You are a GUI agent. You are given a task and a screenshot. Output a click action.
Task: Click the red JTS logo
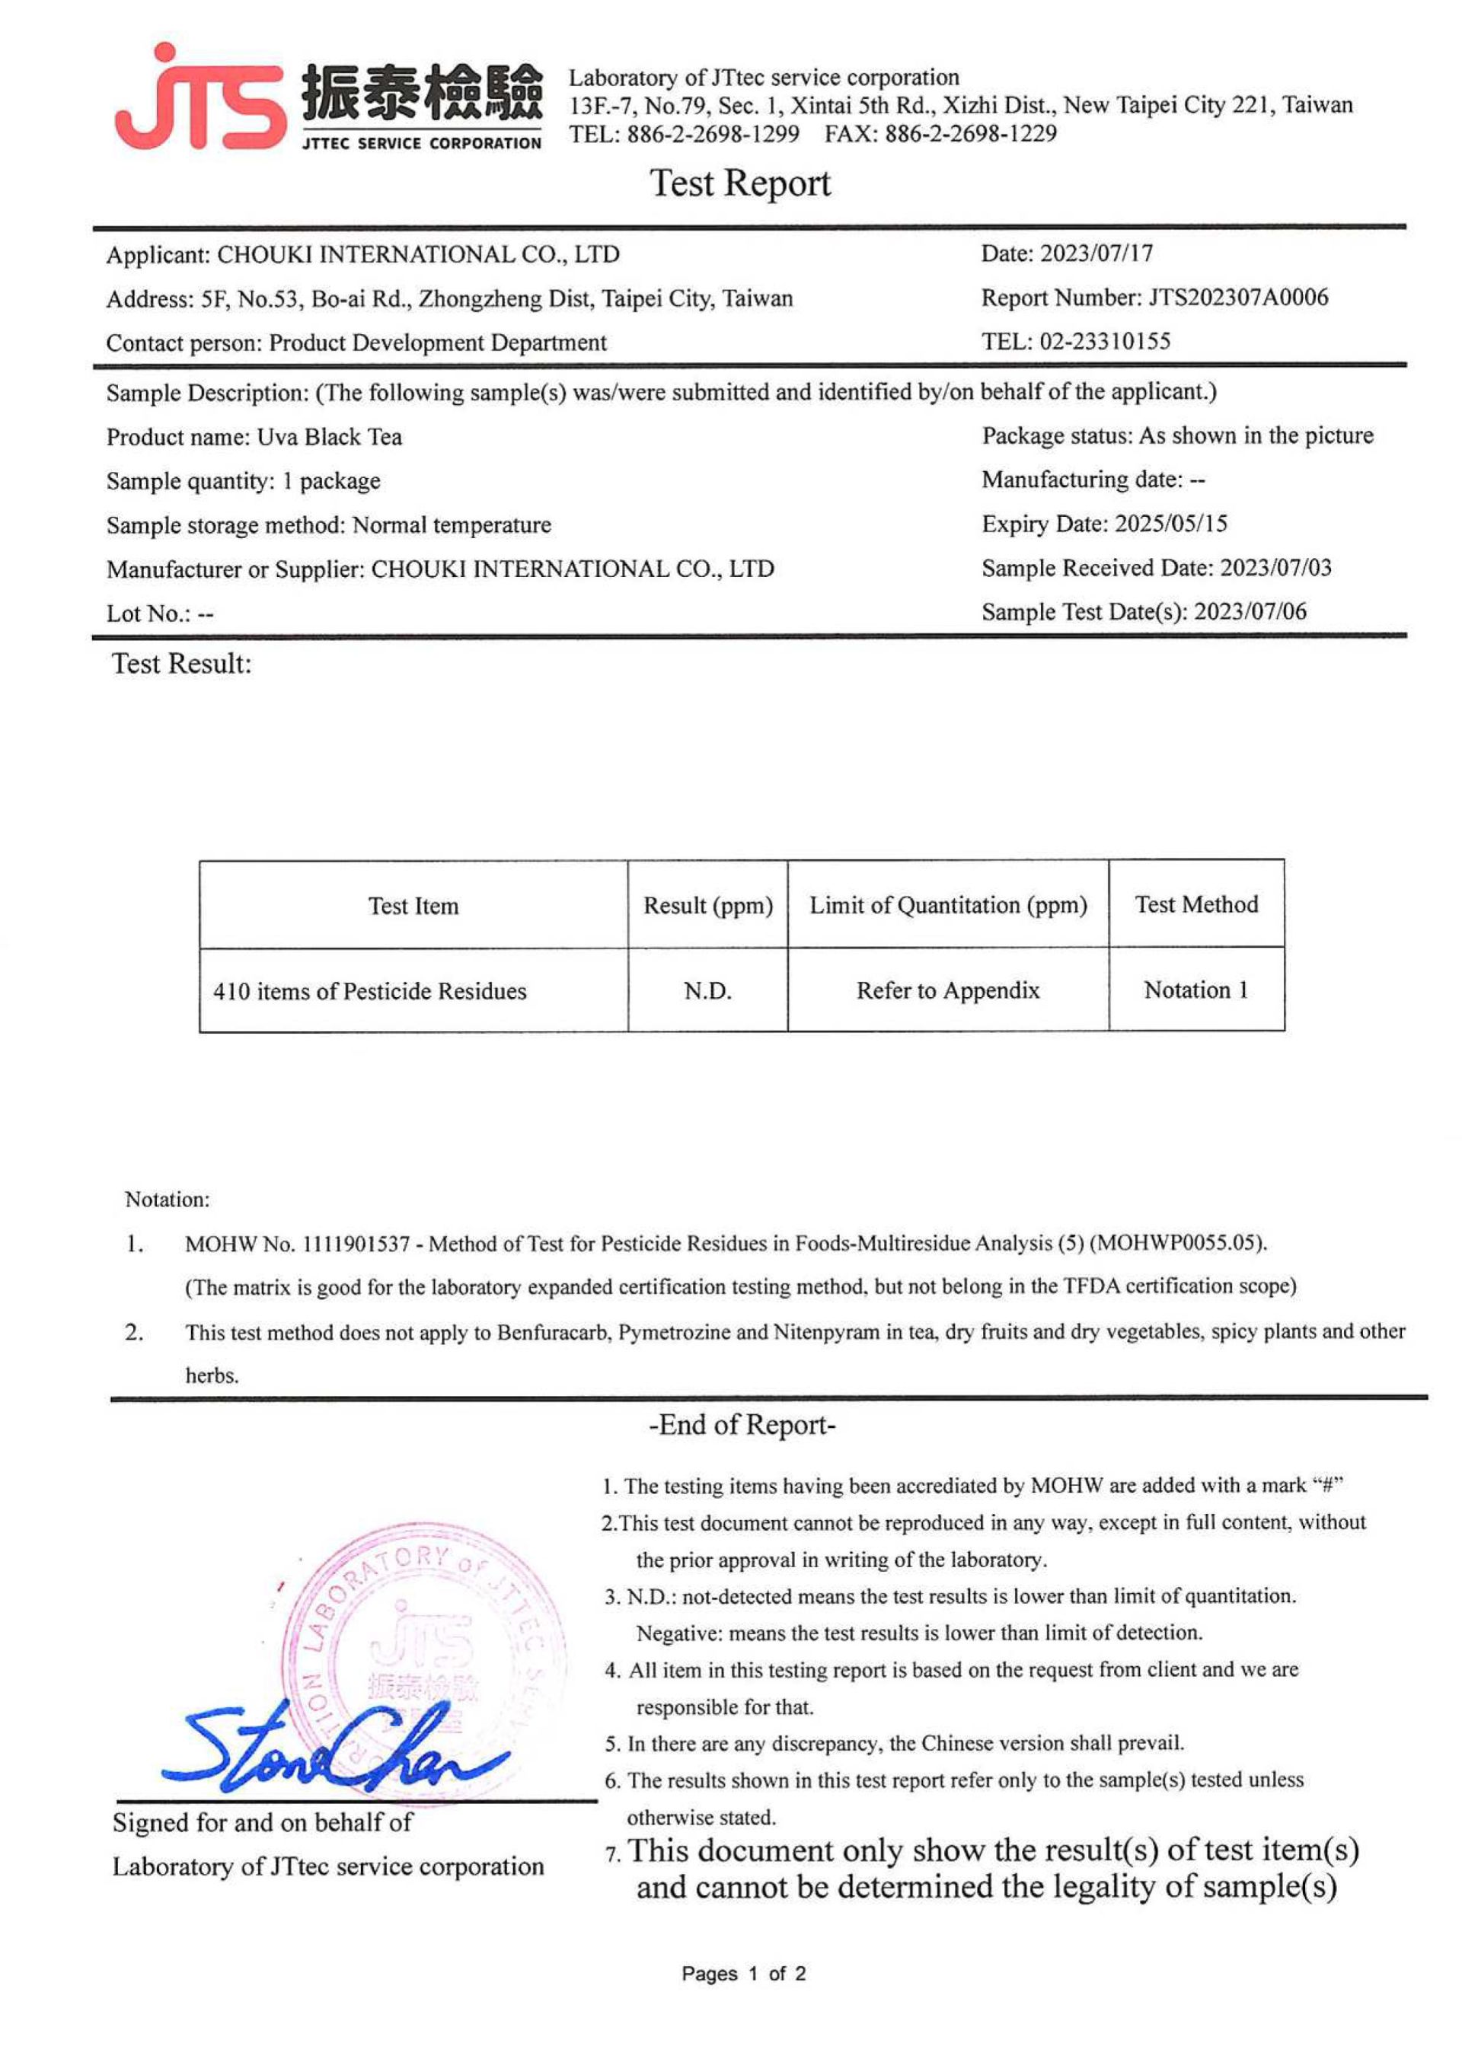(x=200, y=100)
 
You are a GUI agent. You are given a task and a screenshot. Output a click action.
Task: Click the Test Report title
(x=740, y=183)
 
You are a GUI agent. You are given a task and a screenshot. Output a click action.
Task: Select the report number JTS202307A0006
(x=1238, y=298)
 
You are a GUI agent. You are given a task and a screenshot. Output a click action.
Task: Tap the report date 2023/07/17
(x=1096, y=253)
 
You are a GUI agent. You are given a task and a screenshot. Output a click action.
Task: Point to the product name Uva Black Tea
(x=330, y=438)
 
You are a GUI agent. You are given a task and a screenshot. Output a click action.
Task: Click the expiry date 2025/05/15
(x=1170, y=524)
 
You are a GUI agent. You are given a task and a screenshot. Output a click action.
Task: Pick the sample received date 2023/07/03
(x=1275, y=568)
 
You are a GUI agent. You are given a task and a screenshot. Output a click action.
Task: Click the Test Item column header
(x=413, y=905)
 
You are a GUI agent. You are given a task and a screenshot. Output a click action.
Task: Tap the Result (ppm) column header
(x=707, y=905)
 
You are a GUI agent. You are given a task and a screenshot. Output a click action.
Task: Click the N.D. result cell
(x=707, y=991)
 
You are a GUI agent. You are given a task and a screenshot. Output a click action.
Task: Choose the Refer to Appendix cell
(x=948, y=991)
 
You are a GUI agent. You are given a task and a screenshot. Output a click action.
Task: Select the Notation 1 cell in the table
(x=1195, y=989)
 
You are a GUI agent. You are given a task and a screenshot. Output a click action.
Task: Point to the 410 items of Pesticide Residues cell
(x=370, y=992)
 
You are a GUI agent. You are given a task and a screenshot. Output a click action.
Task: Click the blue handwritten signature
(x=333, y=1745)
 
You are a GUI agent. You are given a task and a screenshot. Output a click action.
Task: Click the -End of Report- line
(x=742, y=1424)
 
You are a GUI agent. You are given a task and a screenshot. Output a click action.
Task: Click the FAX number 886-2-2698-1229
(x=970, y=134)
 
